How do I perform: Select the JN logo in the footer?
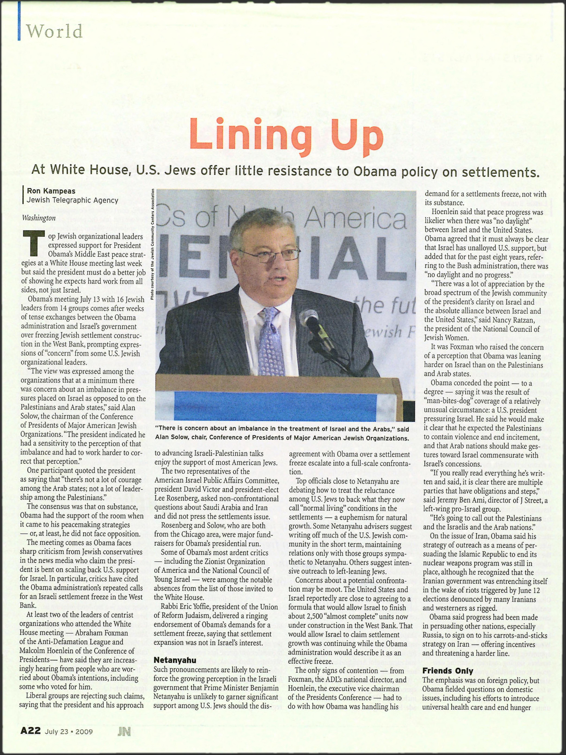pos(124,732)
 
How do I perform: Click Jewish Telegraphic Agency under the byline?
pos(72,200)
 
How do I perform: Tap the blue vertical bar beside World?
pos(19,21)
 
